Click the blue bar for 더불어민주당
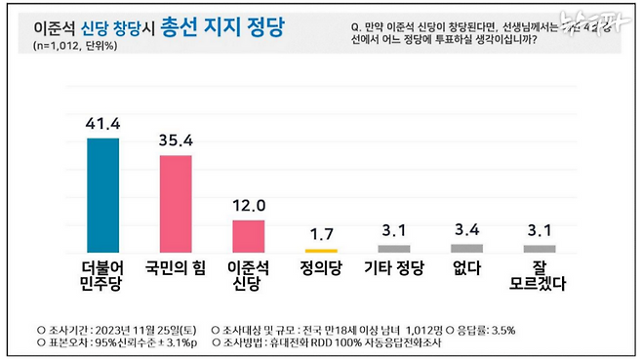(x=103, y=195)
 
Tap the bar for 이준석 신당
(x=249, y=235)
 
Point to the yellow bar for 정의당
(x=321, y=250)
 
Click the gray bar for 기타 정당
(x=393, y=248)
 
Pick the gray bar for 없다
(x=466, y=248)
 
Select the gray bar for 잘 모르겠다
(x=539, y=248)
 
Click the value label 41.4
(x=103, y=124)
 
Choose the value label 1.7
(x=321, y=234)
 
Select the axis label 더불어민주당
(x=103, y=274)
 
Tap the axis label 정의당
(x=321, y=265)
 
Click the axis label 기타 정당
(x=393, y=265)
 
